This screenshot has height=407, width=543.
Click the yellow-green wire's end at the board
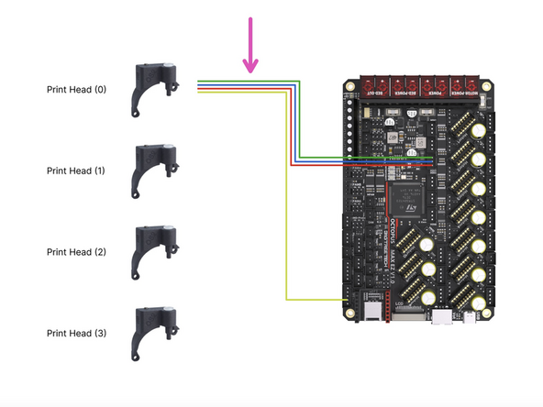point(344,300)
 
